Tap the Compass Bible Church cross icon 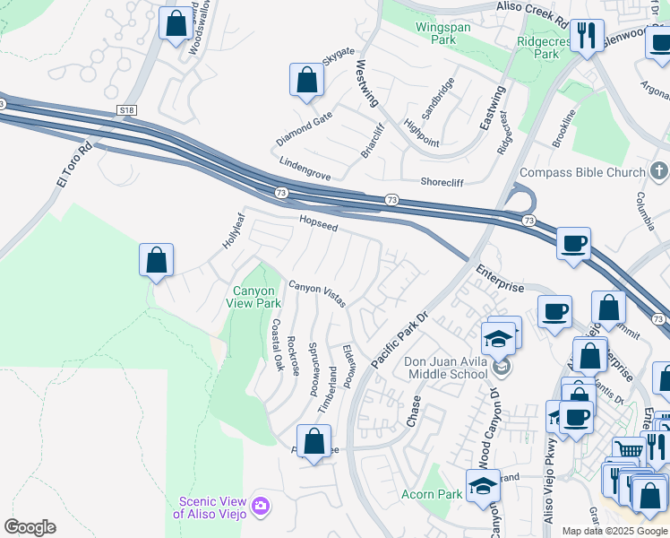(659, 171)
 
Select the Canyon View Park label (257, 297)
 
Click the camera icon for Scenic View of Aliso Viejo (261, 508)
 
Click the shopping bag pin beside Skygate (306, 80)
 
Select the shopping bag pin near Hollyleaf (156, 260)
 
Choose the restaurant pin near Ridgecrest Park (586, 37)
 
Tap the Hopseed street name (318, 222)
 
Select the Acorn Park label (432, 494)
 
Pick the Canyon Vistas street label (316, 293)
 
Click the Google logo (30, 527)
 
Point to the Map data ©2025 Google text (614, 531)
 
